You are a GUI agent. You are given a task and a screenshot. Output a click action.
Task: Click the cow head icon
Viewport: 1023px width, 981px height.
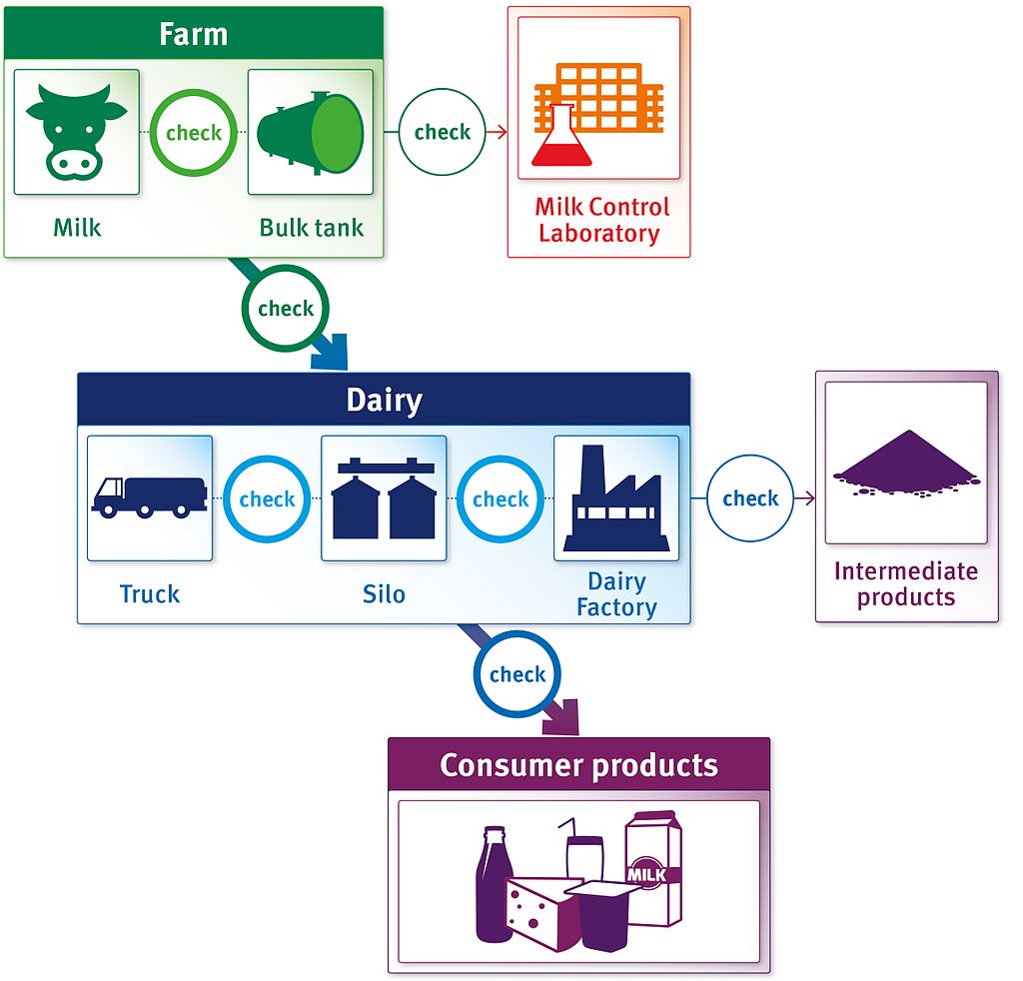77,131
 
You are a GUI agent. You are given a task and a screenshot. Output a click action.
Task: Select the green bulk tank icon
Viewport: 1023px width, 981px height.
310,132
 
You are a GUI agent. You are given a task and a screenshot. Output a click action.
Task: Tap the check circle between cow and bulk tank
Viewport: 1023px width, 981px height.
194,132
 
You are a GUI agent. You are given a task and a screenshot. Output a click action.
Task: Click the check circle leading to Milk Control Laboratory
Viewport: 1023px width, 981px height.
442,132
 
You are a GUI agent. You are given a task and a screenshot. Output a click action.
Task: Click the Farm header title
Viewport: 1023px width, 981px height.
193,34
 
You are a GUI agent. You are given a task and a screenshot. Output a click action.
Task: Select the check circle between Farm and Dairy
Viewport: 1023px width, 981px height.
286,308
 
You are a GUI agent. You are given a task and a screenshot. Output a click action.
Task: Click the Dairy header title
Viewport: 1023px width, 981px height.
384,401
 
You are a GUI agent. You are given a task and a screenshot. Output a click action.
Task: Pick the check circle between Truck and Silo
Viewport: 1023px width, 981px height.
267,498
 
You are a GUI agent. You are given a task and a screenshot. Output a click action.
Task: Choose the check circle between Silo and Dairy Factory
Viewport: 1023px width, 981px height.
501,498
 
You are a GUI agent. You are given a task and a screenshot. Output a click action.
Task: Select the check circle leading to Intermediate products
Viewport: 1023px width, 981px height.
750,497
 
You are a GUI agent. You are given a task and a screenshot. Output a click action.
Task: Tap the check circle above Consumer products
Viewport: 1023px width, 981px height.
516,674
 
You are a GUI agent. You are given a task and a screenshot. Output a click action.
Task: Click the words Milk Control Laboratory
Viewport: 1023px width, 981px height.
601,220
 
